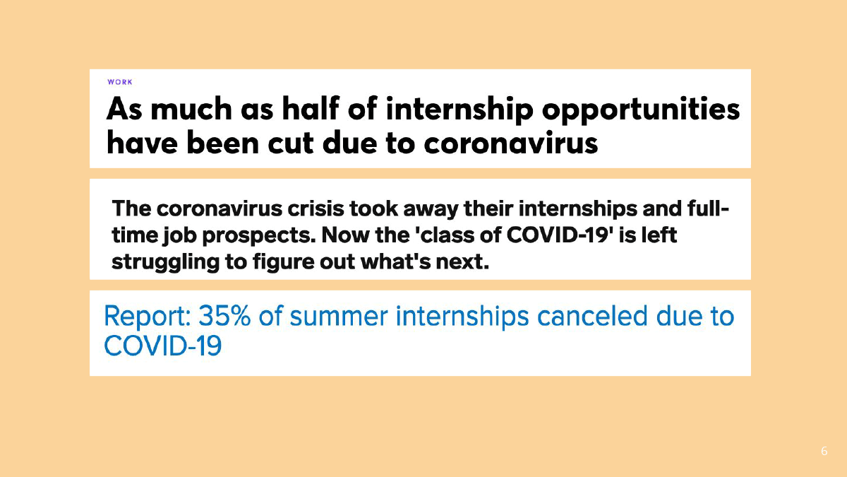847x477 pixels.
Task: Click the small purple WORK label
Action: pyautogui.click(x=120, y=82)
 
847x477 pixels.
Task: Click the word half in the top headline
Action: pyautogui.click(x=311, y=109)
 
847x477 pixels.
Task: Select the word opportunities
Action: pyautogui.click(x=641, y=110)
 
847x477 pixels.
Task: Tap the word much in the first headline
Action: pyautogui.click(x=191, y=109)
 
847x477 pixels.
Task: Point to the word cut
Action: pyautogui.click(x=291, y=143)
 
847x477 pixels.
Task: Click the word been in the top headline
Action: pyautogui.click(x=223, y=143)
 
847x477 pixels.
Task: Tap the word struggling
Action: pyautogui.click(x=166, y=262)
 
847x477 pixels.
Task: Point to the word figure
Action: pyautogui.click(x=283, y=262)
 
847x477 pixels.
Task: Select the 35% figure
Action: pyautogui.click(x=224, y=316)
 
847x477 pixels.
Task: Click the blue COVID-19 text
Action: pyautogui.click(x=162, y=346)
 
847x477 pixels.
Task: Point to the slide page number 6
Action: pyautogui.click(x=824, y=451)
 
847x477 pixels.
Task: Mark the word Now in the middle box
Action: pyautogui.click(x=347, y=235)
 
